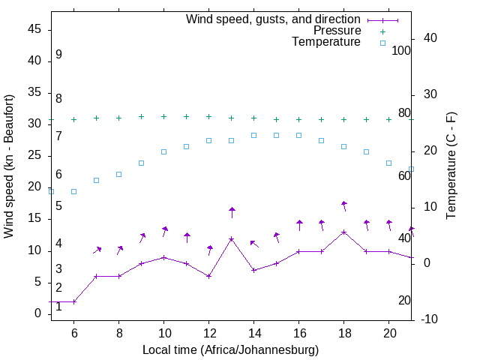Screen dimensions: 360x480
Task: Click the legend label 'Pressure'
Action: click(337, 31)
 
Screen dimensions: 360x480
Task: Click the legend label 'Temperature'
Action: click(326, 42)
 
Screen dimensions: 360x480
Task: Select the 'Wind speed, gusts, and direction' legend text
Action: click(273, 19)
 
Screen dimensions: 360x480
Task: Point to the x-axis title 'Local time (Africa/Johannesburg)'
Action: click(231, 349)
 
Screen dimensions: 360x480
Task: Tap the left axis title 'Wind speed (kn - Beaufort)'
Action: click(9, 166)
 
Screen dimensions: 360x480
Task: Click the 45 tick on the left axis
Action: click(34, 29)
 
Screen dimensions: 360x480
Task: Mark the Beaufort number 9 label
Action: click(58, 55)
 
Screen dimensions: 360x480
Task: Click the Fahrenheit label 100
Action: click(401, 50)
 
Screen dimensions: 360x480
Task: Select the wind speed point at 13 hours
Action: click(232, 238)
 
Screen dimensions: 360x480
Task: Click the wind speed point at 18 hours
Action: click(343, 232)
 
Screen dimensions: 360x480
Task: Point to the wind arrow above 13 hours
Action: click(232, 212)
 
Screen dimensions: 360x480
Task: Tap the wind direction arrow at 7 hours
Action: click(97, 250)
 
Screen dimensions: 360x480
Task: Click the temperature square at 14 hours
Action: click(253, 135)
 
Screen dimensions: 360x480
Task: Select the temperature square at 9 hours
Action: click(141, 163)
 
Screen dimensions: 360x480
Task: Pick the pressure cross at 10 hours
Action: click(163, 116)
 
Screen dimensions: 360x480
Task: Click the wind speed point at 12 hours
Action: click(208, 276)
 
